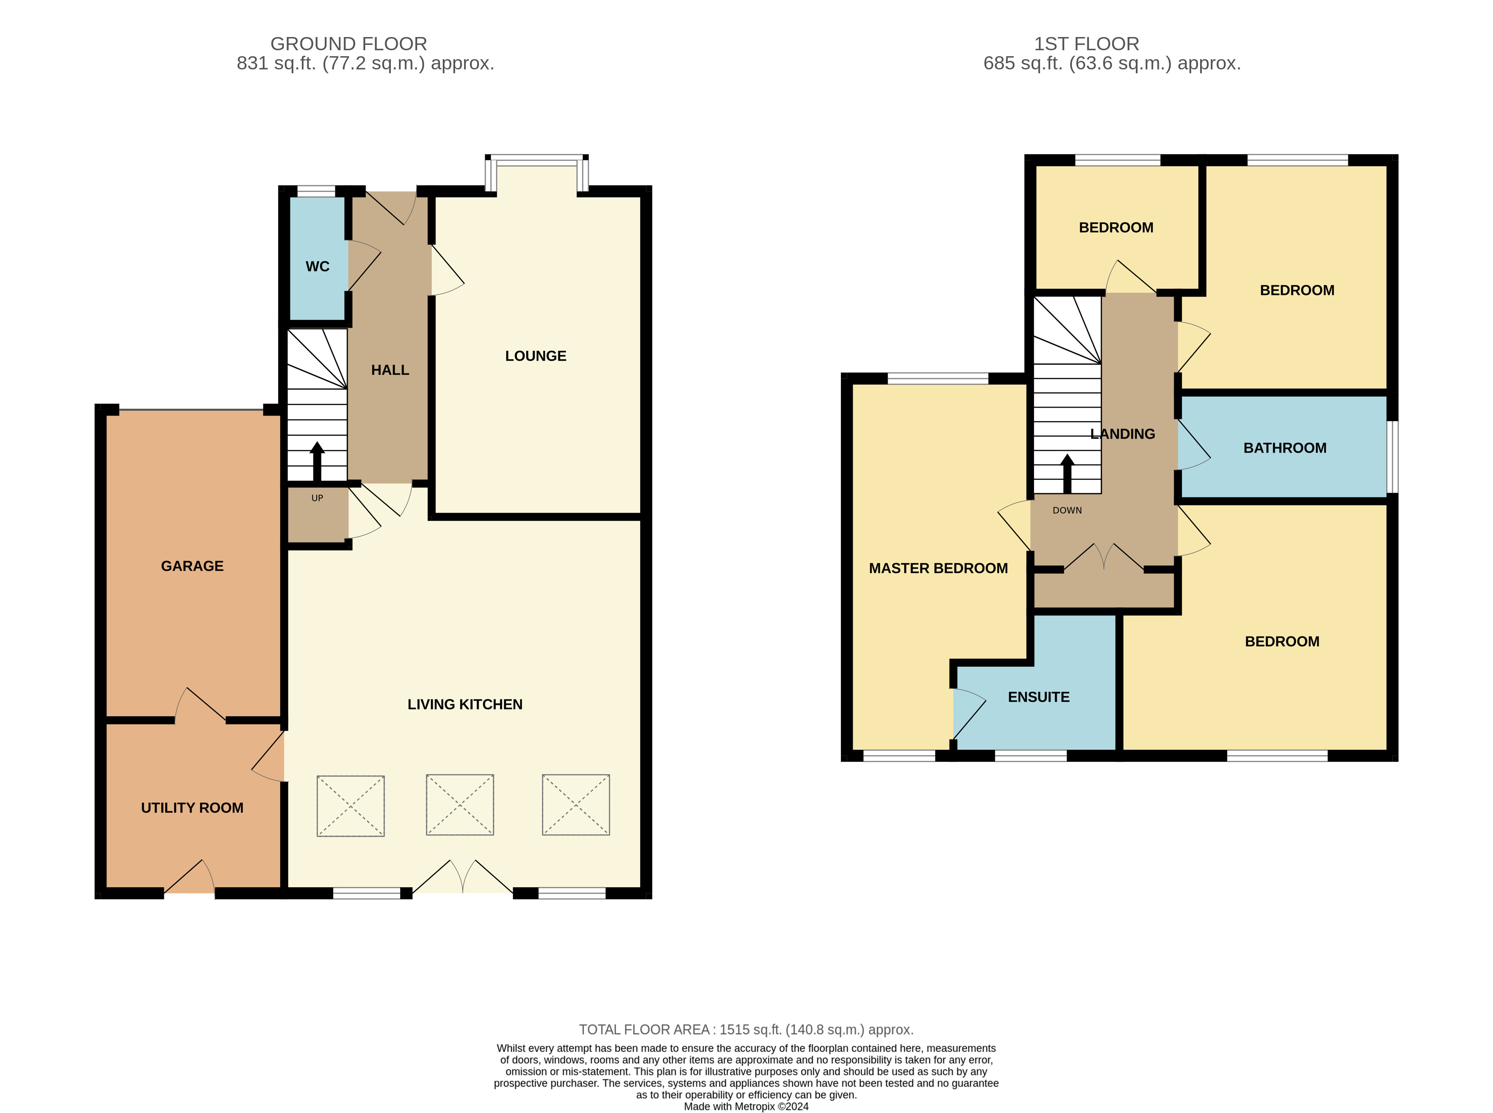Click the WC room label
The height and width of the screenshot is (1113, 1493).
[x=317, y=266]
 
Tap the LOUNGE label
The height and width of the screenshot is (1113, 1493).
[x=536, y=356]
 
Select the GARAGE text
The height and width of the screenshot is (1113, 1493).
[x=192, y=566]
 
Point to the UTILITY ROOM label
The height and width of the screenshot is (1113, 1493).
[x=192, y=808]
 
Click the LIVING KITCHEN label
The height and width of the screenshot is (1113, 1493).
[x=464, y=704]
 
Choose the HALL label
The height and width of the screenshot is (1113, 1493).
[x=390, y=370]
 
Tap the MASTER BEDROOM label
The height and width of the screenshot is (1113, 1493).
[x=938, y=568]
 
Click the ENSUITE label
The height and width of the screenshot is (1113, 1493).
[x=1038, y=697]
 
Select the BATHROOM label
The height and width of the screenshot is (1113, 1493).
[x=1285, y=448]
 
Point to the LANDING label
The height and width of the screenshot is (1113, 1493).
[x=1123, y=434]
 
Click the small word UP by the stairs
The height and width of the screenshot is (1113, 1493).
[x=317, y=498]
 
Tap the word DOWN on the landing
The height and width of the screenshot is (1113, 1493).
[x=1067, y=510]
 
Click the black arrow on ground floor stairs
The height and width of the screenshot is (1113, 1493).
[x=317, y=462]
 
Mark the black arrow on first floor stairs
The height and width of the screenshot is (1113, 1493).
[x=1067, y=473]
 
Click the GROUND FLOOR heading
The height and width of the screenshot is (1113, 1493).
[x=349, y=44]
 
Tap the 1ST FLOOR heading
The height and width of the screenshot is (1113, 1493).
[x=1086, y=44]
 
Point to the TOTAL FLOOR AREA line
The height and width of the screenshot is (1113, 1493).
[x=746, y=1030]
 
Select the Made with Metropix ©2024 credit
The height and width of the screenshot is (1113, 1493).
[x=746, y=1106]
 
